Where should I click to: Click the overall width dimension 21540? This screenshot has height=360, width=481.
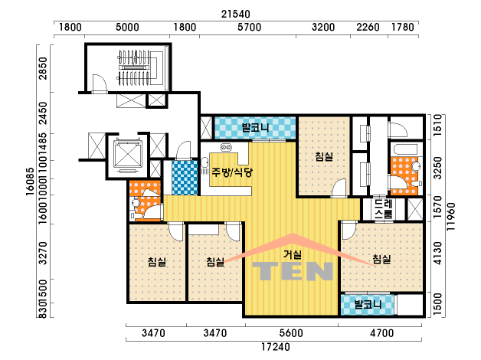click(x=236, y=14)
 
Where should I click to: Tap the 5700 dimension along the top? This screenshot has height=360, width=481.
click(x=249, y=28)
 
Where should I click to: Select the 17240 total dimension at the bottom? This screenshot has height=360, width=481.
click(x=276, y=347)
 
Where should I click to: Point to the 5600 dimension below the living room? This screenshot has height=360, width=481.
click(x=291, y=333)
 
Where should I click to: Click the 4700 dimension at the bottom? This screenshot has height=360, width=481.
click(x=381, y=333)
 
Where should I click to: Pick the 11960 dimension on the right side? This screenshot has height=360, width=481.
click(x=451, y=217)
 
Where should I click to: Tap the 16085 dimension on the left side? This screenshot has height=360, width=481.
click(x=30, y=182)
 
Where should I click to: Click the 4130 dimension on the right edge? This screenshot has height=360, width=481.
click(x=438, y=254)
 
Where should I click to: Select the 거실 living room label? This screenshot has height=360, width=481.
click(x=293, y=254)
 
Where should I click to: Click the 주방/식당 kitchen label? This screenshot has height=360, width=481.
click(x=232, y=172)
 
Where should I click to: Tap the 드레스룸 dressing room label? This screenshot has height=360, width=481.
click(x=383, y=208)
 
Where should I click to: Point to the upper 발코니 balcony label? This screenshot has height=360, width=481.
click(x=255, y=128)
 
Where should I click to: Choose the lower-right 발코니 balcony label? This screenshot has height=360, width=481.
click(x=368, y=305)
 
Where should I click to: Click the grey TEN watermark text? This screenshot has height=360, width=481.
click(x=293, y=271)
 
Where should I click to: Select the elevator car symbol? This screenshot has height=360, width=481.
click(x=128, y=154)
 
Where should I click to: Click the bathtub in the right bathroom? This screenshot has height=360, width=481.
click(x=405, y=149)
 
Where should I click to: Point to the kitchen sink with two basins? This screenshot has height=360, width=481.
click(x=226, y=148)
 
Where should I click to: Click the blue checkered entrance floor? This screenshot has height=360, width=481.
click(x=185, y=178)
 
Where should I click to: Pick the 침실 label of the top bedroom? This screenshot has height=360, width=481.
click(x=324, y=157)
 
